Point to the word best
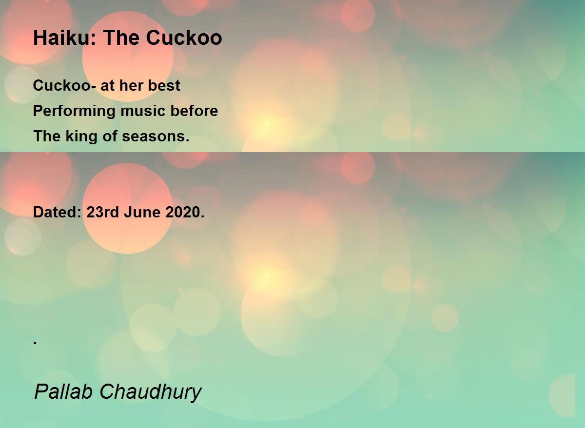[x=164, y=85]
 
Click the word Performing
[x=74, y=111]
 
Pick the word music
[x=143, y=111]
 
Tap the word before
[x=194, y=111]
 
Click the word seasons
[x=156, y=136]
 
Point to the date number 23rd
[x=103, y=212]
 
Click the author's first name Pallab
[x=63, y=392]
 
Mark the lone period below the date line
[x=35, y=343]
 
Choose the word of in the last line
[x=110, y=136]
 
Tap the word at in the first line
[x=107, y=86]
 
